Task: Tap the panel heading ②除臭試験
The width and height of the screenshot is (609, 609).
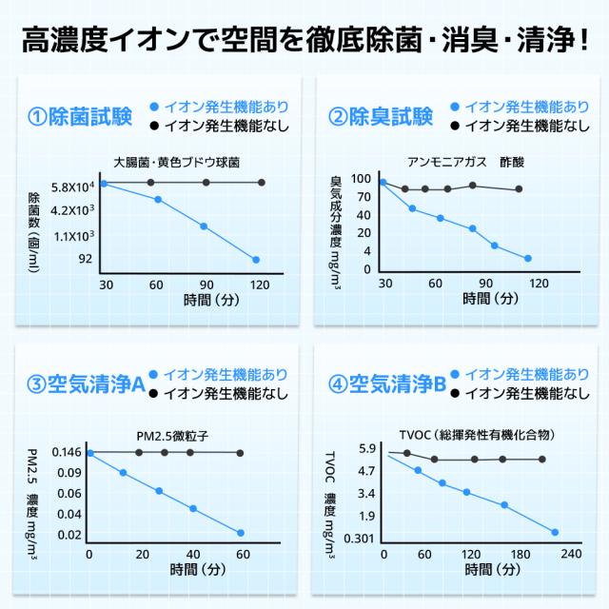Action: [x=381, y=117]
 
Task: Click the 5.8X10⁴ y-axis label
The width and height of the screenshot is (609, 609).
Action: [x=71, y=187]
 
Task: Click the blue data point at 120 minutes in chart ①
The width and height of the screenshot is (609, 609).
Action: [x=256, y=259]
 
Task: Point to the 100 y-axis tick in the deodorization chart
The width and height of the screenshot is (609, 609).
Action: [x=361, y=179]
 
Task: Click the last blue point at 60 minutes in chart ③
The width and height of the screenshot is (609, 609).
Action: [x=241, y=533]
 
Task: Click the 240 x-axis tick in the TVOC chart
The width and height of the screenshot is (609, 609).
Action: [x=570, y=555]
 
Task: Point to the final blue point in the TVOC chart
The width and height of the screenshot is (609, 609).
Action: [x=555, y=532]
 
